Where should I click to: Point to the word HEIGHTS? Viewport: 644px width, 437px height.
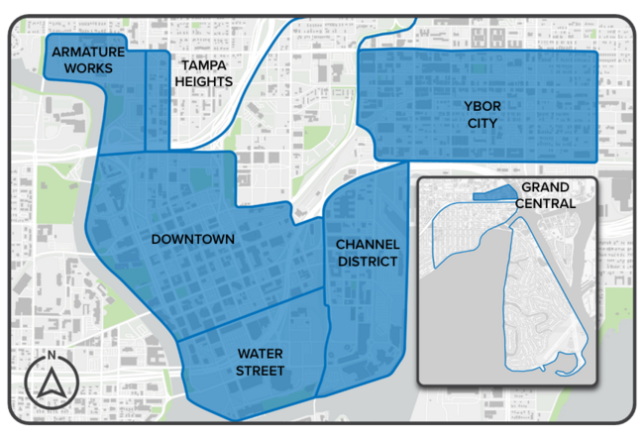(x=203, y=81)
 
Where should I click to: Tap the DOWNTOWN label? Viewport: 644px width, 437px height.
(x=192, y=239)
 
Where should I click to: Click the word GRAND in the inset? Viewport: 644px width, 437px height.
(x=545, y=188)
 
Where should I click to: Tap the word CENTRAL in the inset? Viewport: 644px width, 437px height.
(x=545, y=203)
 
